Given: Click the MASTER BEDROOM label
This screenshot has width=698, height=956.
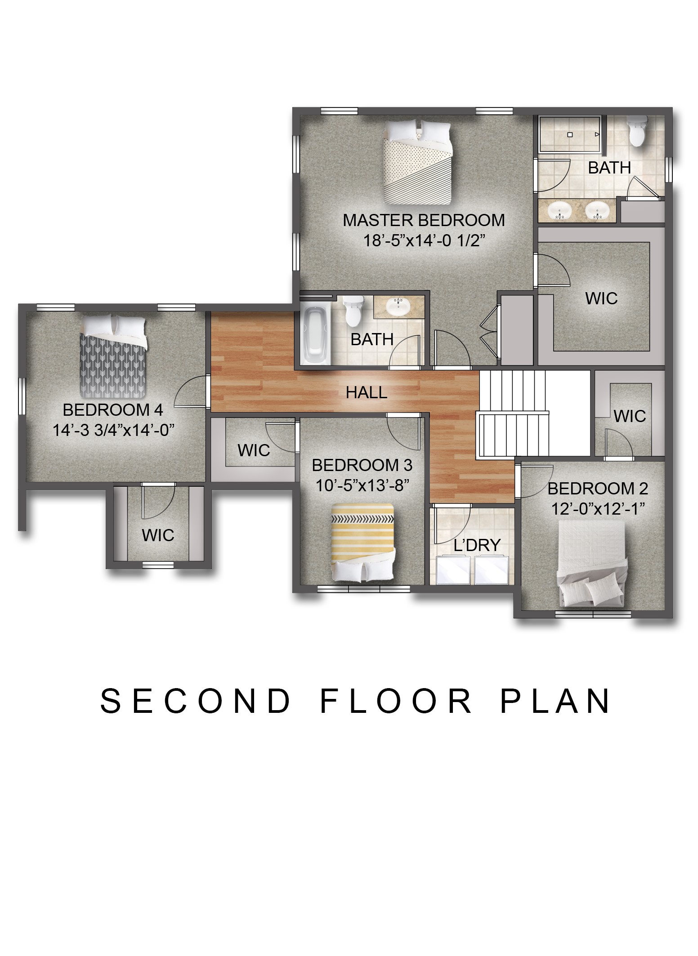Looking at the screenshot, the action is [x=424, y=220].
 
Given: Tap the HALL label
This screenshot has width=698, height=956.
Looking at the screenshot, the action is [x=367, y=392].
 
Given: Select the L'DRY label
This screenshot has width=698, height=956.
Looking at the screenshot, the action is [x=477, y=545].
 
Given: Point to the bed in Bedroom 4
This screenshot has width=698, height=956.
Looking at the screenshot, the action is [x=113, y=356].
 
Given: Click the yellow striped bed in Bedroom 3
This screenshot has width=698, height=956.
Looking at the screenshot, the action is [x=363, y=542].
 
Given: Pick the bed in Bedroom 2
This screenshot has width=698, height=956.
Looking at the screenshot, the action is [x=592, y=564].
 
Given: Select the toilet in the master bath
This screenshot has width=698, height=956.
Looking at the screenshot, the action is [x=637, y=131].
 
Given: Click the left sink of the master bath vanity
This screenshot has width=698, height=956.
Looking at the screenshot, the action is [x=559, y=210].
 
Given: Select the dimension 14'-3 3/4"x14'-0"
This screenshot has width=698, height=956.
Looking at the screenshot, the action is [x=113, y=431].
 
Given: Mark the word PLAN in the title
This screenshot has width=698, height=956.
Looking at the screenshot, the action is [x=555, y=701].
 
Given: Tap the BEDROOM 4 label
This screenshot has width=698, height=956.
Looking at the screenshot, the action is [x=112, y=410].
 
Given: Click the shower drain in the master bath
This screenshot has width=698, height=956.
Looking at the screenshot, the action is [x=569, y=134].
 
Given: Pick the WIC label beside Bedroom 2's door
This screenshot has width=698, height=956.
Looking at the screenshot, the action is [x=630, y=416].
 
